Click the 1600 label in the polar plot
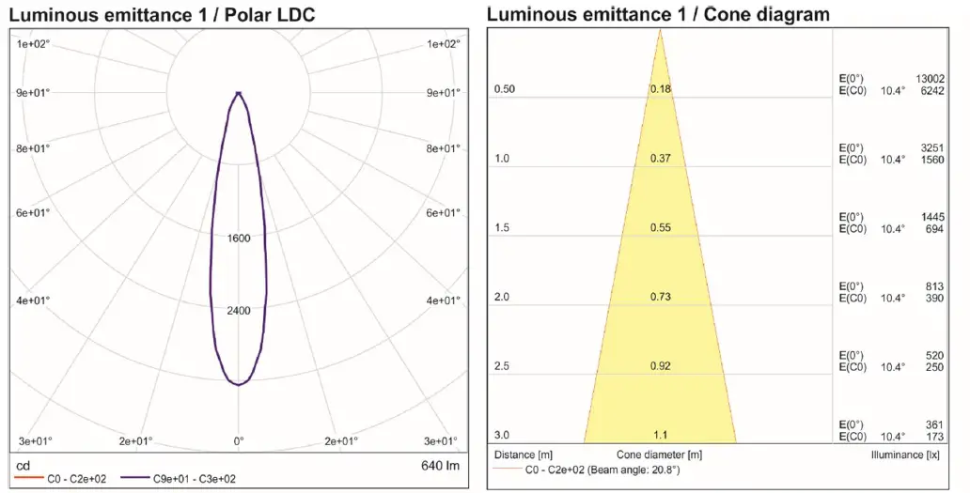[x=239, y=239]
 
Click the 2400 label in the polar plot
[x=239, y=311]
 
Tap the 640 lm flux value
[x=441, y=466]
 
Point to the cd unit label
[x=24, y=466]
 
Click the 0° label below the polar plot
[x=239, y=440]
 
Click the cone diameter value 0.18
[x=660, y=89]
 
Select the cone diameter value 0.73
[x=660, y=297]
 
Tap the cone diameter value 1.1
[x=660, y=435]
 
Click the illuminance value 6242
[x=932, y=90]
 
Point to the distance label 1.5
[x=502, y=228]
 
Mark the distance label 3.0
[x=502, y=435]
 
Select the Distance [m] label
[x=524, y=454]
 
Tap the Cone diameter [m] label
[x=660, y=454]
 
